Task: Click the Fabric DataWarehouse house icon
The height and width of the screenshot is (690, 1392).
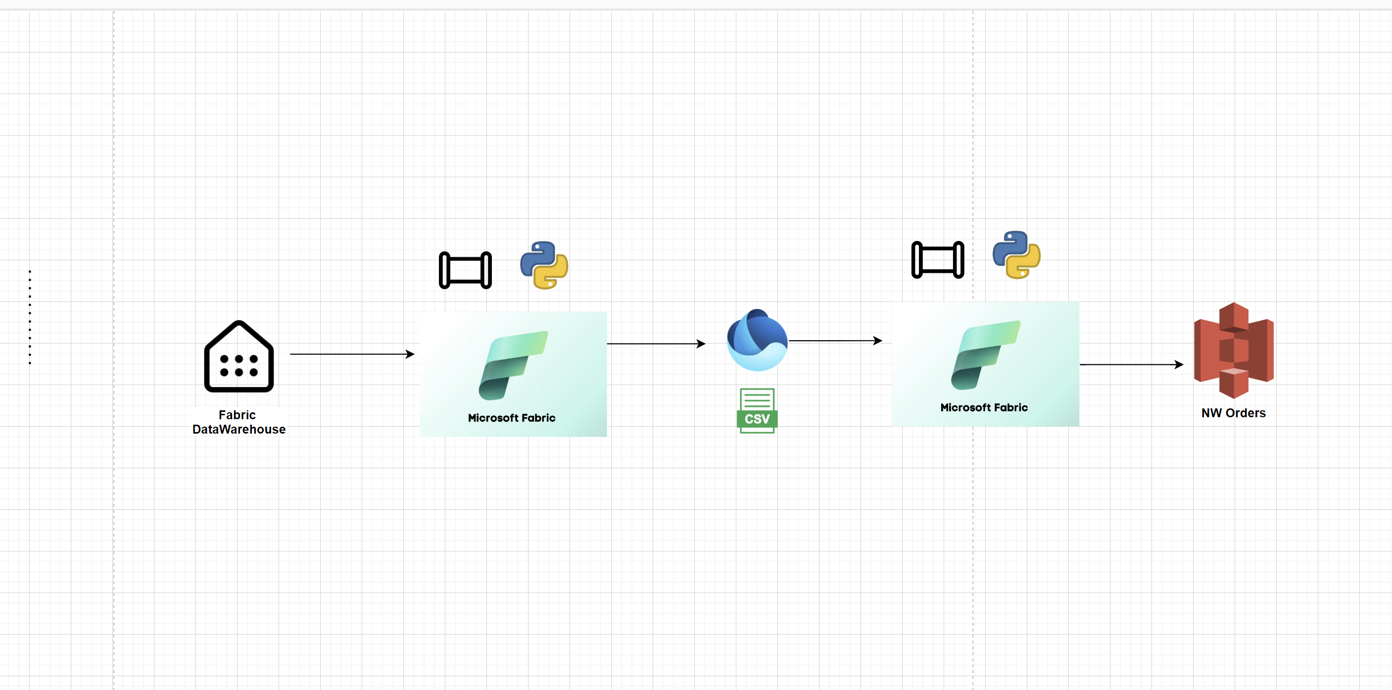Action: tap(239, 356)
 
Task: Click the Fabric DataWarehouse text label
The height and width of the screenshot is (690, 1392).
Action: tap(239, 422)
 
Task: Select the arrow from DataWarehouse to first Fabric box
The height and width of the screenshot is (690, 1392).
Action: tap(351, 354)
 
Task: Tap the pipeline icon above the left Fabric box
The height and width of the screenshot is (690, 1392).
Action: tap(465, 270)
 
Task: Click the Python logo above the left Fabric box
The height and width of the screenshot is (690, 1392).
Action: tap(544, 265)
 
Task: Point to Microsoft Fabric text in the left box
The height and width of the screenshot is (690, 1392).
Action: tap(511, 418)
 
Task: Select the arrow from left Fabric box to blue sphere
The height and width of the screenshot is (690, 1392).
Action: tap(655, 344)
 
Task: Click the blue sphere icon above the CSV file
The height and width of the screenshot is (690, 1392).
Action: tap(757, 340)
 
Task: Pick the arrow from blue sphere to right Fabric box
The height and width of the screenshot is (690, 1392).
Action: tap(834, 341)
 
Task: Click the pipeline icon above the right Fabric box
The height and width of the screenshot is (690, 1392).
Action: tap(937, 260)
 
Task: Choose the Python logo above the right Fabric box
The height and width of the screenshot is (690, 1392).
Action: tap(1016, 255)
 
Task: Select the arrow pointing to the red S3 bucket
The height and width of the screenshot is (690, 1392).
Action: tap(1130, 365)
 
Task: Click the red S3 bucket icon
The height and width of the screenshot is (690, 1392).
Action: tap(1233, 350)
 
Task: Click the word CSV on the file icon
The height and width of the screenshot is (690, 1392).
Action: tap(757, 419)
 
